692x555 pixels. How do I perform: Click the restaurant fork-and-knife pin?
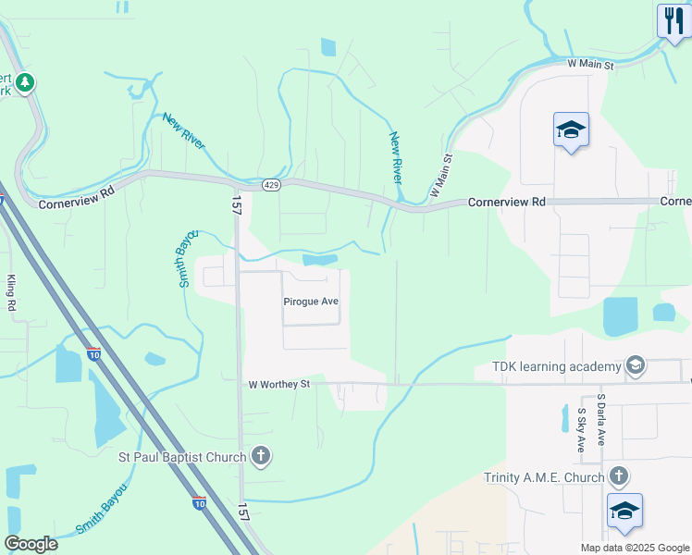pyautogui.click(x=673, y=20)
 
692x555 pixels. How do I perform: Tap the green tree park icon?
pyautogui.click(x=25, y=83)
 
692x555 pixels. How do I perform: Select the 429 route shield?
pyautogui.click(x=270, y=185)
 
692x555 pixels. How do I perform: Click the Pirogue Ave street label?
pyautogui.click(x=311, y=302)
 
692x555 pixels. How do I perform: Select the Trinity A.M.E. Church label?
pyautogui.click(x=542, y=477)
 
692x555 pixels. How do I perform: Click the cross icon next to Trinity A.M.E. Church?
pyautogui.click(x=619, y=477)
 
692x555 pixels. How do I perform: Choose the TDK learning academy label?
pyautogui.click(x=550, y=366)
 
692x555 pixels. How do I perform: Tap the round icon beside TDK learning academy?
pyautogui.click(x=636, y=366)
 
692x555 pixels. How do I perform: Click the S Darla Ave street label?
pyautogui.click(x=601, y=421)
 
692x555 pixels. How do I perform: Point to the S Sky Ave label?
pyautogui.click(x=582, y=429)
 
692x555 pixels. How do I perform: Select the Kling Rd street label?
pyautogui.click(x=12, y=292)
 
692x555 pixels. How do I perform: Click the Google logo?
pyautogui.click(x=31, y=544)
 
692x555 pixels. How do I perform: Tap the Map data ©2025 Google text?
pyautogui.click(x=635, y=548)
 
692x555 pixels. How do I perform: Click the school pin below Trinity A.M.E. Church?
pyautogui.click(x=624, y=512)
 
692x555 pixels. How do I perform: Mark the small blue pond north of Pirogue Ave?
pyautogui.click(x=319, y=261)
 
